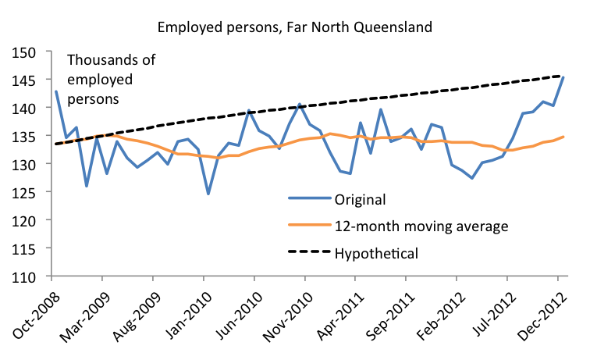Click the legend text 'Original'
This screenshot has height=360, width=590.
click(359, 199)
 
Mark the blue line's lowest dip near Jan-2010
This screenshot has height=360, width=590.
click(208, 194)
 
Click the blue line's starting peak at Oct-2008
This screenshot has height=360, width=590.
click(56, 92)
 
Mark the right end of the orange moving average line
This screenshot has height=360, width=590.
click(563, 137)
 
